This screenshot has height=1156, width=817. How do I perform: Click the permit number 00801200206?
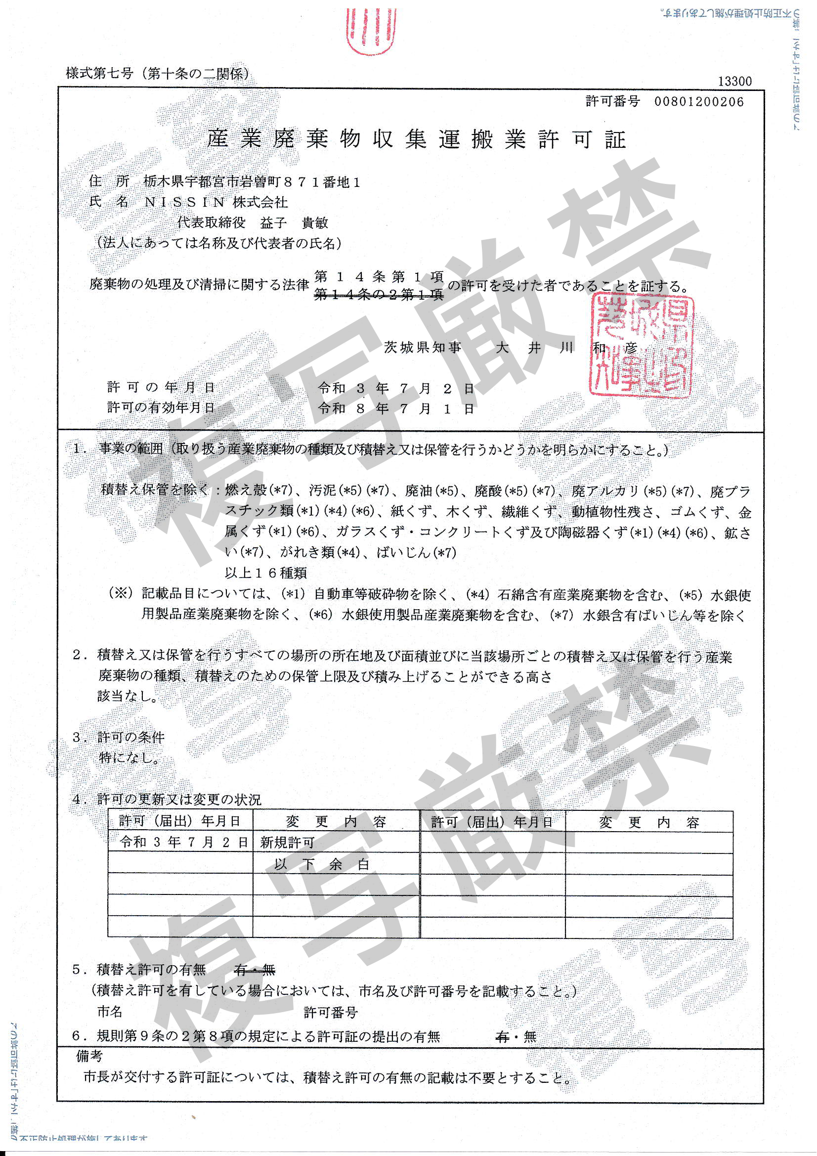(698, 102)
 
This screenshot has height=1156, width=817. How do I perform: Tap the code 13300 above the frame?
(734, 81)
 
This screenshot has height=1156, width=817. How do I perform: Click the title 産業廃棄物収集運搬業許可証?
(416, 139)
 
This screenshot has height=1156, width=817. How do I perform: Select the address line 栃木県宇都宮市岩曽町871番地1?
(252, 182)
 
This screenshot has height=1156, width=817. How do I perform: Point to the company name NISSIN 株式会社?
(216, 202)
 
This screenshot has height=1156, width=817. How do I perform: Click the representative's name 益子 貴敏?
(294, 222)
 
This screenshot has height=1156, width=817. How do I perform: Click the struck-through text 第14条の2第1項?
(379, 295)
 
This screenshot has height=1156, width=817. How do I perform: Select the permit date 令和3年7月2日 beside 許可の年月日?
(396, 388)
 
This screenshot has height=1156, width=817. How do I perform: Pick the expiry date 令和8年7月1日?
(396, 408)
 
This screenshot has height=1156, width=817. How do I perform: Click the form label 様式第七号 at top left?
(100, 74)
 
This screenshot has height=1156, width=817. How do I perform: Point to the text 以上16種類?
(265, 573)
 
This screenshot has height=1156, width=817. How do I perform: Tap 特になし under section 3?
(129, 757)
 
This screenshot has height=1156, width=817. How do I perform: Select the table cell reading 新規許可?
(287, 843)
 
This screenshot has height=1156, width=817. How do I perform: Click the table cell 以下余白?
(322, 865)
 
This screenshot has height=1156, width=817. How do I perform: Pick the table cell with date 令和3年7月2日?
(184, 843)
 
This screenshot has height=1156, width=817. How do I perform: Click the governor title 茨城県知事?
(423, 348)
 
